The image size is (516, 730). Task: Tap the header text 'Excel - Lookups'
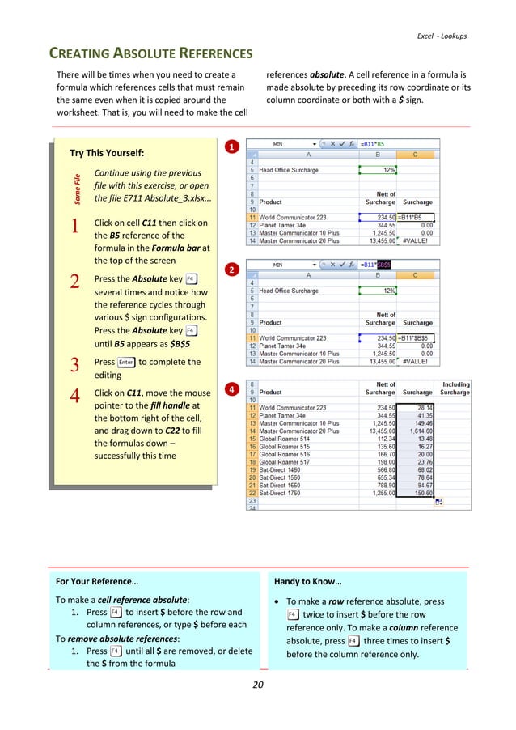point(441,36)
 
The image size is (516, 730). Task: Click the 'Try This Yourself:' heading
point(107,153)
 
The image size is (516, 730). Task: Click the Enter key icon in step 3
point(125,363)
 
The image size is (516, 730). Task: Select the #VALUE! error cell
point(418,240)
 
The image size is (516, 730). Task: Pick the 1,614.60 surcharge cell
point(418,433)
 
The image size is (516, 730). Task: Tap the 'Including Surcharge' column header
point(455,388)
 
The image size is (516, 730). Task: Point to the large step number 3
point(74,366)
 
